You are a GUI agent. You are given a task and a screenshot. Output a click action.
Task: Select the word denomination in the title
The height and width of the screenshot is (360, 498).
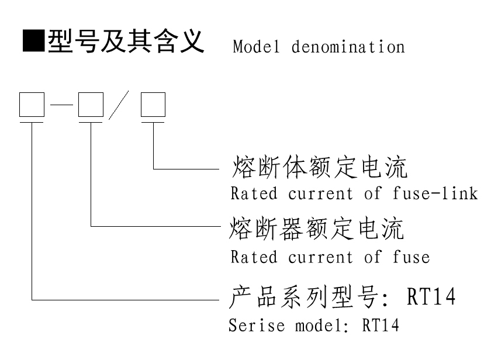pyautogui.click(x=346, y=46)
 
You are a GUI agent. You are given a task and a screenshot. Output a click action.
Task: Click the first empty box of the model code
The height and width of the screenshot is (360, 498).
pyautogui.click(x=31, y=105)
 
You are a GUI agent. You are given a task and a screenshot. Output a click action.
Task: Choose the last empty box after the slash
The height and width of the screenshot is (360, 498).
pyautogui.click(x=153, y=105)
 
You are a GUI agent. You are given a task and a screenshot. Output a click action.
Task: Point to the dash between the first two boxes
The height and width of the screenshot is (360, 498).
pyautogui.click(x=61, y=106)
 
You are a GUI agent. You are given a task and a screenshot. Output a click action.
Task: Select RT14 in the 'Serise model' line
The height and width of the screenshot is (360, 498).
pyautogui.click(x=381, y=325)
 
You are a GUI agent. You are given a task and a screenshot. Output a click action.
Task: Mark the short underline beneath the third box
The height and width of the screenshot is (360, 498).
pyautogui.click(x=153, y=122)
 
